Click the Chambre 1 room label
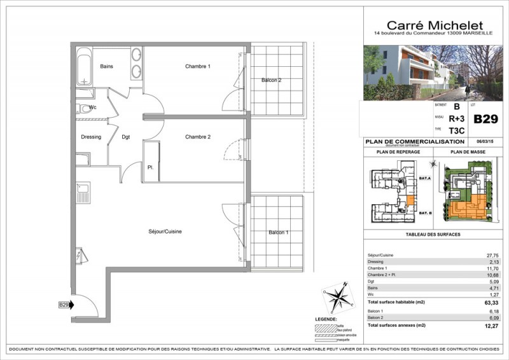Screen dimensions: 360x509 pyautogui.click(x=198, y=67)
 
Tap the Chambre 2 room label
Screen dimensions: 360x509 pyautogui.click(x=198, y=137)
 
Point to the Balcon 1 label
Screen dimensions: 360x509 pyautogui.click(x=278, y=233)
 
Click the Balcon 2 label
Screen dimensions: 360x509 pyautogui.click(x=271, y=80)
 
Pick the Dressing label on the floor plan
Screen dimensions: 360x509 pyautogui.click(x=92, y=137)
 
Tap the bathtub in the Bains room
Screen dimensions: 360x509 pyautogui.click(x=84, y=69)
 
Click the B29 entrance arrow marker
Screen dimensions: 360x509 pyautogui.click(x=66, y=305)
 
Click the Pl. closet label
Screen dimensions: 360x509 pyautogui.click(x=151, y=167)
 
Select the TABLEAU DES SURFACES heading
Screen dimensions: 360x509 pyautogui.click(x=433, y=235)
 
